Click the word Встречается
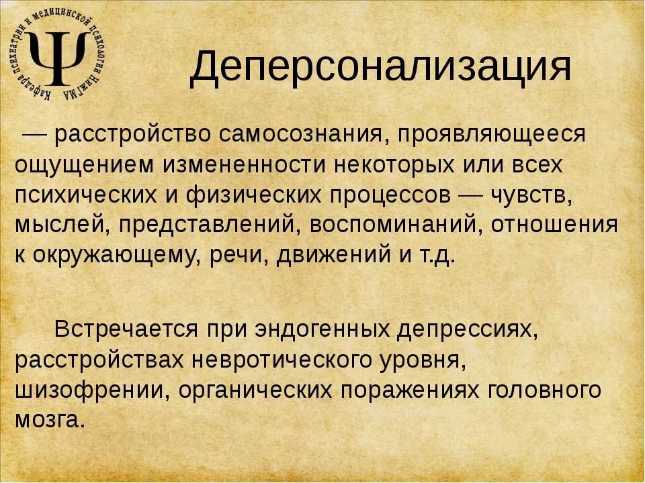point(126,329)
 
